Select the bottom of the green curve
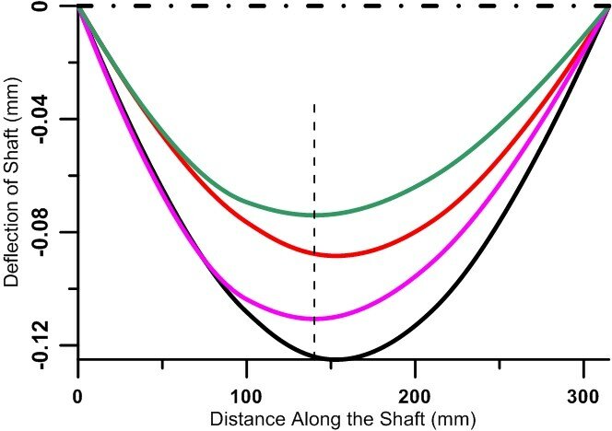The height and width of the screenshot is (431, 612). tap(315, 215)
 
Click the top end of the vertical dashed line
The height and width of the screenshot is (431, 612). tap(315, 105)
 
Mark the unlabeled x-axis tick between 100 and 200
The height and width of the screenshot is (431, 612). tap(331, 363)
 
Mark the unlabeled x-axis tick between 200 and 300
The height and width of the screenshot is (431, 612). tap(500, 363)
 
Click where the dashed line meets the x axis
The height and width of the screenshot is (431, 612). tap(315, 359)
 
